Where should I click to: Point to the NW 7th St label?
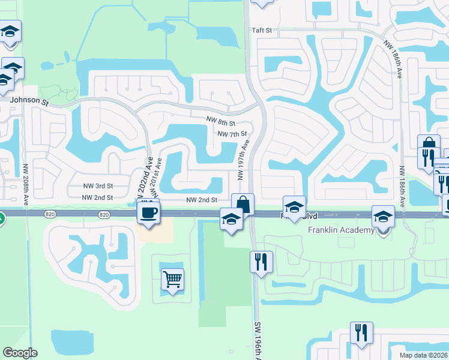coord(232,134)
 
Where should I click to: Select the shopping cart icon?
coord(172,278)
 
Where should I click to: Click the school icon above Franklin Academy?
coord(382,217)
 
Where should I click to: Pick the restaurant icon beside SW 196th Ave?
coord(262,261)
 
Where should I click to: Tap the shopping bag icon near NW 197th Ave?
coord(243,204)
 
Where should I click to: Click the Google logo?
coord(20,353)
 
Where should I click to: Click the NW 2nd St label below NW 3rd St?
coord(97,197)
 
